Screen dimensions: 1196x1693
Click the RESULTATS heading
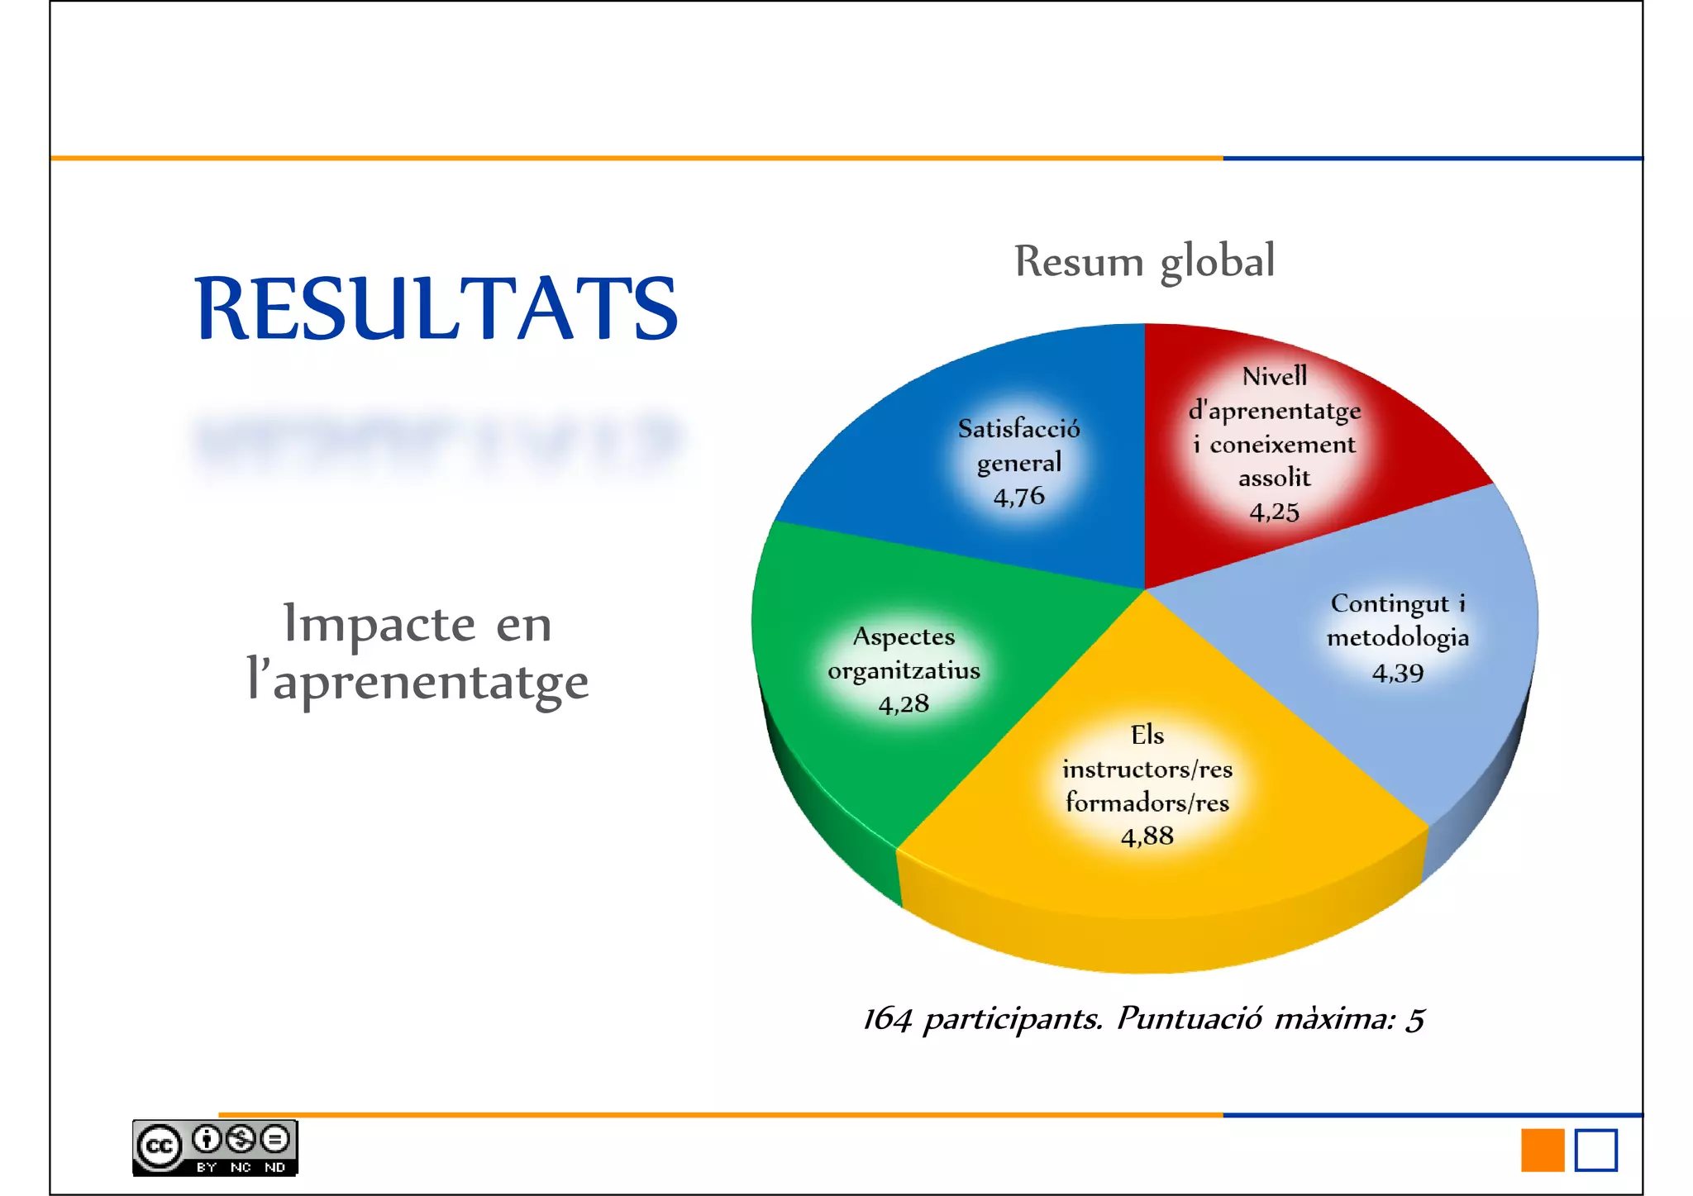click(436, 308)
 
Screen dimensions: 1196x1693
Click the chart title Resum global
click(1144, 261)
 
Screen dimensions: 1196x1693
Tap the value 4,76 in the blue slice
click(1018, 497)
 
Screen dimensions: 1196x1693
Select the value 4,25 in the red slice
click(1274, 512)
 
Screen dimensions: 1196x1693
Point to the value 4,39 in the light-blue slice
click(1397, 673)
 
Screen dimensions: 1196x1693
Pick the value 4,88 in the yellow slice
click(1147, 836)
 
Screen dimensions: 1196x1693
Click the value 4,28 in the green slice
click(904, 704)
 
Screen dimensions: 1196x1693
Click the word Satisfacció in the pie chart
click(1018, 428)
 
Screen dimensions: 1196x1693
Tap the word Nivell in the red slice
click(1274, 377)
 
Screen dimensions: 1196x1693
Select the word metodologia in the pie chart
click(1397, 637)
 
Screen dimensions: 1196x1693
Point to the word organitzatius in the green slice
click(904, 670)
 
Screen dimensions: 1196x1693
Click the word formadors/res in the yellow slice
click(1147, 803)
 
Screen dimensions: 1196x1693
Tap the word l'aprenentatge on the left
click(417, 682)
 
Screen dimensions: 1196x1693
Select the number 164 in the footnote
click(887, 1019)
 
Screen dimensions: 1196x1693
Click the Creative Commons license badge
click(215, 1148)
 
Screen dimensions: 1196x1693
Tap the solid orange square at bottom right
click(1542, 1150)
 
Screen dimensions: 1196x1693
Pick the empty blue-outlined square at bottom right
click(1595, 1150)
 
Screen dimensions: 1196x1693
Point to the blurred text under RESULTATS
click(436, 442)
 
